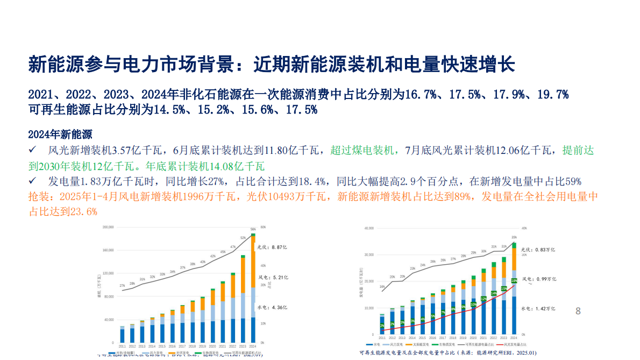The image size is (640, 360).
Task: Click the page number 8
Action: (x=578, y=311)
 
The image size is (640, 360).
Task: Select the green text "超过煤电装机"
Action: (x=363, y=151)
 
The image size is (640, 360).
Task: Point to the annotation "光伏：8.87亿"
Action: (x=272, y=247)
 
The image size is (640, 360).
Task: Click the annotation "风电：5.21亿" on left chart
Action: (x=272, y=278)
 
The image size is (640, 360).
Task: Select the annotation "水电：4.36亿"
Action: (x=272, y=307)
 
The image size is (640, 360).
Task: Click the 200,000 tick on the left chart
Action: (x=107, y=228)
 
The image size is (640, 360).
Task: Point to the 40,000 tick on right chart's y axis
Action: (x=368, y=228)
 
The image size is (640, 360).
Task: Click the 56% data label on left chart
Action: (x=253, y=229)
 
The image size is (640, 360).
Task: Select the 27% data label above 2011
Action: (x=122, y=286)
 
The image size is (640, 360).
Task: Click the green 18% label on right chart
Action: (x=514, y=280)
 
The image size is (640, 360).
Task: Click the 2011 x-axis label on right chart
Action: (x=381, y=338)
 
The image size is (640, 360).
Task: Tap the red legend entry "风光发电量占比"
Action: (x=514, y=344)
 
